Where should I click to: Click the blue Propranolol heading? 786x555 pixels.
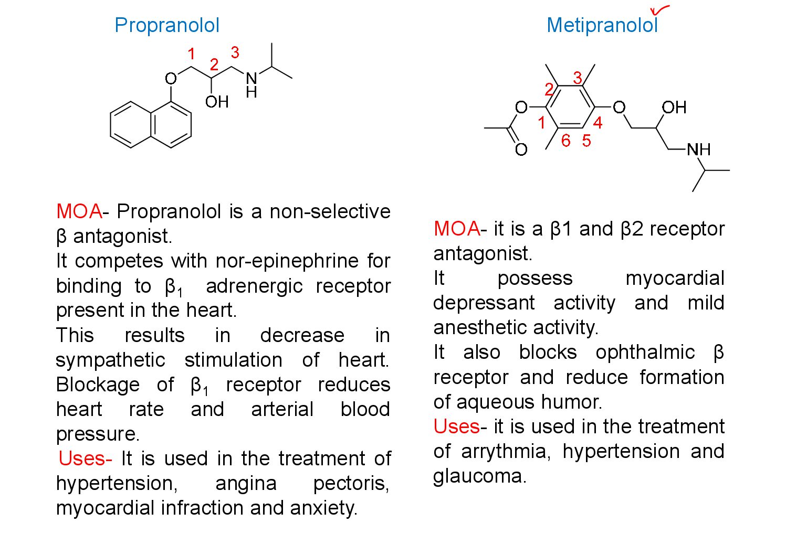pyautogui.click(x=166, y=25)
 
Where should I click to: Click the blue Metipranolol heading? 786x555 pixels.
pyautogui.click(x=602, y=25)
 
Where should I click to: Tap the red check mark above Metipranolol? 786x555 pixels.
pyautogui.click(x=659, y=9)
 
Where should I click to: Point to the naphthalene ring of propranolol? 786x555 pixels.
pyautogui.click(x=151, y=125)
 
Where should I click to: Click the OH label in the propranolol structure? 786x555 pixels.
pyautogui.click(x=217, y=101)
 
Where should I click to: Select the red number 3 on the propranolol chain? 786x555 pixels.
pyautogui.click(x=235, y=52)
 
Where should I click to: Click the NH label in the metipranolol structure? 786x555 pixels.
pyautogui.click(x=699, y=150)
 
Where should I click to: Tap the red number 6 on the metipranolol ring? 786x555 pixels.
pyautogui.click(x=565, y=141)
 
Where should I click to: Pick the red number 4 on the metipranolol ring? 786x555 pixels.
pyautogui.click(x=598, y=123)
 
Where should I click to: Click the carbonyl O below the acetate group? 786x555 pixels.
pyautogui.click(x=521, y=150)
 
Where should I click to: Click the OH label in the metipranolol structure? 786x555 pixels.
pyautogui.click(x=674, y=108)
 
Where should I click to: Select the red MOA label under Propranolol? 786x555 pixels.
pyautogui.click(x=79, y=211)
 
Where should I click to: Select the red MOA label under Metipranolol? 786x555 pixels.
pyautogui.click(x=456, y=229)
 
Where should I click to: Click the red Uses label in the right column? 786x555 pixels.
pyautogui.click(x=456, y=426)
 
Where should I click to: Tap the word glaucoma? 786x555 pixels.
pyautogui.click(x=479, y=476)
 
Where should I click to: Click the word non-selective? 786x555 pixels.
pyautogui.click(x=330, y=211)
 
